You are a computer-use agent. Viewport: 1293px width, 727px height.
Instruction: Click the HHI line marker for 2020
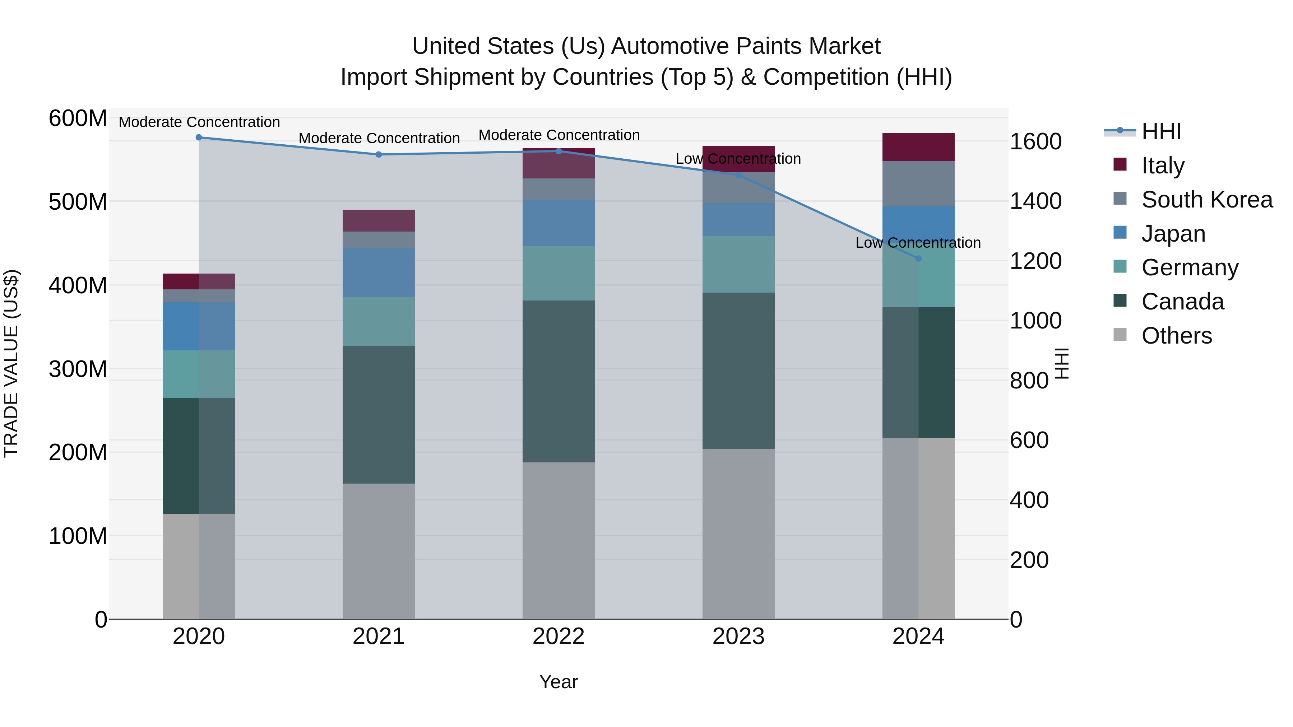199,138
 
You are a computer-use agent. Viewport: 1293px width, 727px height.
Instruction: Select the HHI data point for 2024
918,258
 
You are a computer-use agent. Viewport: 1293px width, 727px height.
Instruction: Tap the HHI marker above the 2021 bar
379,154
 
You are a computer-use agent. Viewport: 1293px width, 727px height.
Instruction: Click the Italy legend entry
1163,166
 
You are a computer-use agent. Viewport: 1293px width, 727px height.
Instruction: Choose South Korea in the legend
1207,200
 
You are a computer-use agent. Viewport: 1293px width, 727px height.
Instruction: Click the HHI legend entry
1161,131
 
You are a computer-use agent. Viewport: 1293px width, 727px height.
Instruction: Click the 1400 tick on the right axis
1035,201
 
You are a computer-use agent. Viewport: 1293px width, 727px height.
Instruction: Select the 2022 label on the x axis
558,637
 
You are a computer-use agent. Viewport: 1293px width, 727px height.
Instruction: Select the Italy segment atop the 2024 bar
918,147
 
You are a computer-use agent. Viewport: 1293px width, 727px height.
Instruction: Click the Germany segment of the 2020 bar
199,374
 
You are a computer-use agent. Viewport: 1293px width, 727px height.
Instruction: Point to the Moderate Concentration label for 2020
199,122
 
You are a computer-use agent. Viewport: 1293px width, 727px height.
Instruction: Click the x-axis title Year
558,682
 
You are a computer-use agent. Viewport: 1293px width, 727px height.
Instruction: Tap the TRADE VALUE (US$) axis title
11,363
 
